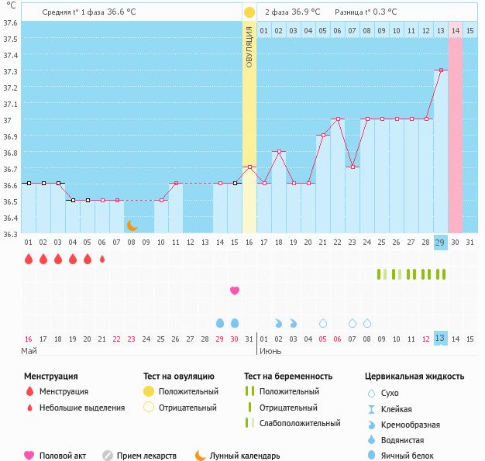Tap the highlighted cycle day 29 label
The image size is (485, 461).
point(440,242)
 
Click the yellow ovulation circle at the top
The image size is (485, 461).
point(249,12)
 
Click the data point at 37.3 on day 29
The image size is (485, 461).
point(441,71)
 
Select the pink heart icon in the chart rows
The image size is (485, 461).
point(235,291)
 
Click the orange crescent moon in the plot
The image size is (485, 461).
point(132,225)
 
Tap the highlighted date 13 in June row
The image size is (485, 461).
point(440,339)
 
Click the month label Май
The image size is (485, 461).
point(29,351)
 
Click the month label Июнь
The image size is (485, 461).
point(270,351)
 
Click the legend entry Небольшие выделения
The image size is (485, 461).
point(81,408)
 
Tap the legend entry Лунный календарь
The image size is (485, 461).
point(244,456)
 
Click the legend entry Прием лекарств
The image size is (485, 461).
point(146,456)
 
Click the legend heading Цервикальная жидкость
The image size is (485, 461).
point(414,377)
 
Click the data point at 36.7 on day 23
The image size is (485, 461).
point(353,167)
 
